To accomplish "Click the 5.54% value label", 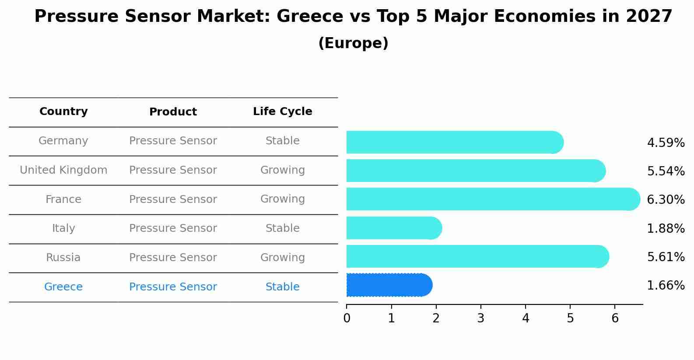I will click(x=666, y=171).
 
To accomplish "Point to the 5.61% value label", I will click(x=666, y=257).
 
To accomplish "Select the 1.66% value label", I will click(x=666, y=286).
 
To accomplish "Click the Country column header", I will click(x=63, y=112).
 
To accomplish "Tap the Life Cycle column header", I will click(x=282, y=112).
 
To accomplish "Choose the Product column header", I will click(x=173, y=112).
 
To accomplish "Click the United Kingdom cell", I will click(x=63, y=170).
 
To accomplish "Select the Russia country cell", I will click(x=63, y=258).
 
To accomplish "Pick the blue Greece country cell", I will click(x=63, y=287).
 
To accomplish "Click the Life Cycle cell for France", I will click(x=282, y=199).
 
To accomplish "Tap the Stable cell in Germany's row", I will click(x=282, y=141).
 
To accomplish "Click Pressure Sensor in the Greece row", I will click(x=173, y=287).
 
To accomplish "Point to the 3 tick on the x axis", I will click(x=480, y=318).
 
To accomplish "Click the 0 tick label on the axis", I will click(x=347, y=318).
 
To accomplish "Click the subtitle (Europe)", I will click(x=353, y=43).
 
